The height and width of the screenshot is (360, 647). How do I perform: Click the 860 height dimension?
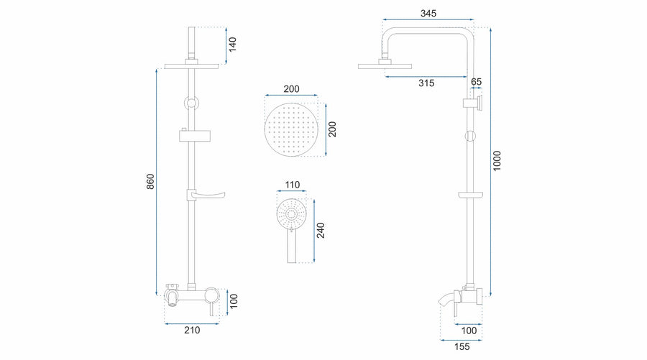[x=151, y=182]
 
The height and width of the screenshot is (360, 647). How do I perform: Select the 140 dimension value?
[x=233, y=45]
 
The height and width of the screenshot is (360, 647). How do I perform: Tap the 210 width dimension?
[x=192, y=330]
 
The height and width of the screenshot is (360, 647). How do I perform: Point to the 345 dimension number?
[x=428, y=13]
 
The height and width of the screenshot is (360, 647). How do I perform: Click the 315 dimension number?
[x=426, y=83]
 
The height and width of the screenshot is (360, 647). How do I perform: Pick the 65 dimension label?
[x=476, y=82]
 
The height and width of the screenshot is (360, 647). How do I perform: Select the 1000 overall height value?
[x=497, y=161]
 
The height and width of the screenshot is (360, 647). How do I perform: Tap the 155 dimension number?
[x=462, y=347]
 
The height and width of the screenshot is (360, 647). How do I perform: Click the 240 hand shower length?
[x=321, y=230]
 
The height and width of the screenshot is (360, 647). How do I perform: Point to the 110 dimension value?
[x=292, y=185]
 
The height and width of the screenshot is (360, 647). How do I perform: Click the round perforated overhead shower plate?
[x=291, y=129]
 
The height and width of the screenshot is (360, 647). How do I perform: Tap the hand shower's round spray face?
[x=291, y=214]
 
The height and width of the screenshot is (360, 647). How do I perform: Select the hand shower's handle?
[x=291, y=246]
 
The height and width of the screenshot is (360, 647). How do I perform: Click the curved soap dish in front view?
[x=206, y=194]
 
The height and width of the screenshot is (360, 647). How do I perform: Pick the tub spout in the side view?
[x=447, y=300]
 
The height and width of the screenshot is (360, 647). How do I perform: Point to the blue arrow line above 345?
[x=428, y=19]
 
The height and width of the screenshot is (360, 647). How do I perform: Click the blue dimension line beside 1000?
[x=490, y=162]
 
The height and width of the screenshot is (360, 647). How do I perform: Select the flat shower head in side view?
[x=385, y=66]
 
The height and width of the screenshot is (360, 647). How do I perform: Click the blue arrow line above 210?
[x=192, y=323]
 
